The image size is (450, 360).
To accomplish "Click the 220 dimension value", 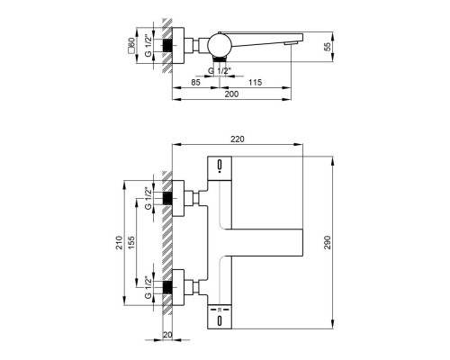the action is tap(238, 139).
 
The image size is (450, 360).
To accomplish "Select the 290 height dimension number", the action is tap(328, 242).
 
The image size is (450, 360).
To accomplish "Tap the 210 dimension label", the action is tap(120, 242).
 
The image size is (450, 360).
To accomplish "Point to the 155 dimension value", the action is tap(130, 242).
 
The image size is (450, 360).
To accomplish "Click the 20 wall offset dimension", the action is tap(168, 335).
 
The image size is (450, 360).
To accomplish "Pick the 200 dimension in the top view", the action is tap(231, 94).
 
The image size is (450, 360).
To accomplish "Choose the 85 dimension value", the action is tap(195, 82).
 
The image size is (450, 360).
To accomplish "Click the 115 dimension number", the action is tap(255, 82).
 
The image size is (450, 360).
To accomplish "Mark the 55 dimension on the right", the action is tap(328, 47).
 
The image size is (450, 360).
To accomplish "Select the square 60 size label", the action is tap(130, 47).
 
